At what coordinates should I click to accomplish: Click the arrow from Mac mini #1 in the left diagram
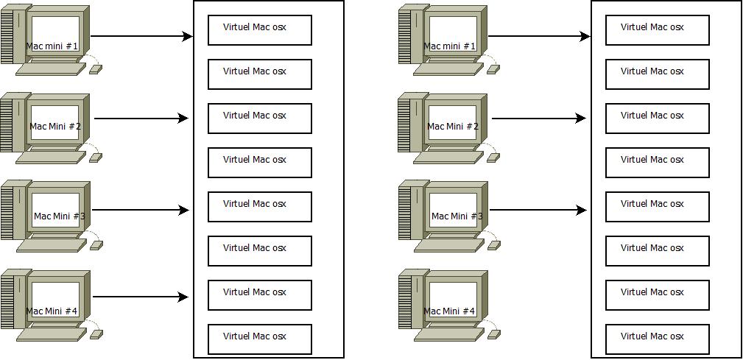[x=141, y=36]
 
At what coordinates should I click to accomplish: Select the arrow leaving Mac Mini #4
[x=141, y=297]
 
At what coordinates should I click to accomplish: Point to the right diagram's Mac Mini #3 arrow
[x=538, y=210]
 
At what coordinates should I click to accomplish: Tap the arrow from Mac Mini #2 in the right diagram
[x=539, y=119]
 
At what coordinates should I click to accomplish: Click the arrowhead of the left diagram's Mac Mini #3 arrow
[x=184, y=210]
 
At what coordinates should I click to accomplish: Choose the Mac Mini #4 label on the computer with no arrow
[x=449, y=311]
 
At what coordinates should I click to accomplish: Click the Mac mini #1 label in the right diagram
[x=449, y=46]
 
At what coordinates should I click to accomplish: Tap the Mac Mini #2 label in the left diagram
[x=55, y=127]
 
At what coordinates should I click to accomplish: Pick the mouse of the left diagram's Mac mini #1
[x=96, y=69]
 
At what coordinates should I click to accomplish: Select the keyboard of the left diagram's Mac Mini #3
[x=52, y=245]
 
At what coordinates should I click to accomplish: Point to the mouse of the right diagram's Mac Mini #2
[x=493, y=158]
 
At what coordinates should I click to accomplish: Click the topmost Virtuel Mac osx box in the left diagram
[x=260, y=30]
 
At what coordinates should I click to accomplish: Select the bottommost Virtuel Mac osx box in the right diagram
[x=658, y=339]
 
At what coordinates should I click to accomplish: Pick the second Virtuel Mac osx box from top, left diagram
[x=260, y=74]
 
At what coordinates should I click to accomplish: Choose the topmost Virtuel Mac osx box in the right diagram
[x=658, y=30]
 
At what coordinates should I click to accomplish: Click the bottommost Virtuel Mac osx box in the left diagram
[x=260, y=339]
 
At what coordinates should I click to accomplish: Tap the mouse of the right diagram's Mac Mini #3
[x=494, y=245]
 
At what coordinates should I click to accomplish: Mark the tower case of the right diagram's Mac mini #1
[x=411, y=34]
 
